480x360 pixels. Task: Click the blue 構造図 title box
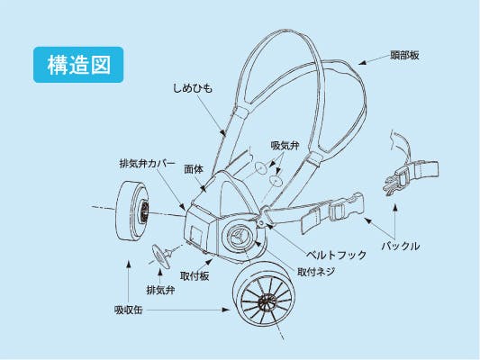[x=78, y=65]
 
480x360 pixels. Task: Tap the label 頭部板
[x=404, y=56]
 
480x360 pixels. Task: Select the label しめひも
[x=193, y=88]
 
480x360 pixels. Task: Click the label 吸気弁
[x=285, y=145]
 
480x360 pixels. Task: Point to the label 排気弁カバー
[x=148, y=164]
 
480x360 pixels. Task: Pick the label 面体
[x=194, y=169]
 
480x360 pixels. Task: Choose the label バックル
[x=401, y=246]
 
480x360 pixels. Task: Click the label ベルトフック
[x=337, y=255]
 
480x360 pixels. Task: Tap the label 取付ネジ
[x=316, y=272]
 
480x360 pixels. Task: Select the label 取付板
[x=195, y=276]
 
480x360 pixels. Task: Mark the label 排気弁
[x=160, y=290]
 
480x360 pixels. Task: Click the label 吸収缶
[x=128, y=310]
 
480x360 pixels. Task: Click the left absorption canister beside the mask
[x=131, y=211]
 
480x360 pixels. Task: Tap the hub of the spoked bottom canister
[x=267, y=302]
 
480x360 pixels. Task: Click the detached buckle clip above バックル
[x=410, y=176]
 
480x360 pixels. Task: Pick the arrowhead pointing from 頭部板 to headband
[x=363, y=63]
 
